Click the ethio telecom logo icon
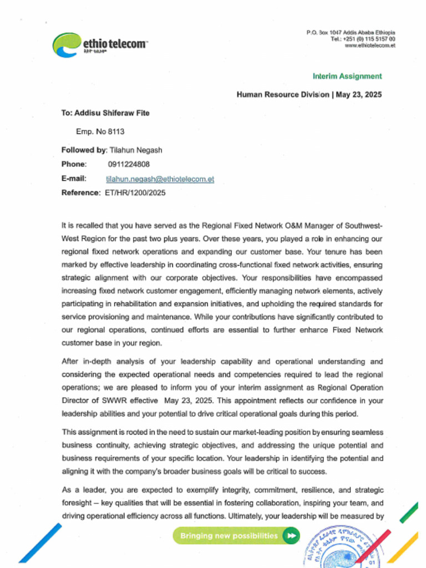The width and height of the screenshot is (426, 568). coord(67,44)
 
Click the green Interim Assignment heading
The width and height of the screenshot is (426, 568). coord(347,76)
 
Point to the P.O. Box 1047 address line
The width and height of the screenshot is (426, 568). coord(351,33)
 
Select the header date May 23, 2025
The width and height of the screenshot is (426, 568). coord(359,95)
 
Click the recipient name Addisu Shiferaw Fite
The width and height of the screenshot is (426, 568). coord(112,113)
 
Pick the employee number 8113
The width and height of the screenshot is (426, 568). coord(116,131)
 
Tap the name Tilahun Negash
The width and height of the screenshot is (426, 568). coord(136,150)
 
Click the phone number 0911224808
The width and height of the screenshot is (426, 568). coord(125,164)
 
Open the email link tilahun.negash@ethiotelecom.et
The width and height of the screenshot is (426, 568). coord(160,179)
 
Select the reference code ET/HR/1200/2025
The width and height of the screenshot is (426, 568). coord(135,193)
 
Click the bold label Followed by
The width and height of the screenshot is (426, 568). coord(83,150)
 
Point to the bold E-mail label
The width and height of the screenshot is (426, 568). coord(74,179)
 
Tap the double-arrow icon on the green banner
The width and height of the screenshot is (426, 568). coord(291,536)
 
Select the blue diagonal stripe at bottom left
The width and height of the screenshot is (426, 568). coord(40,543)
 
